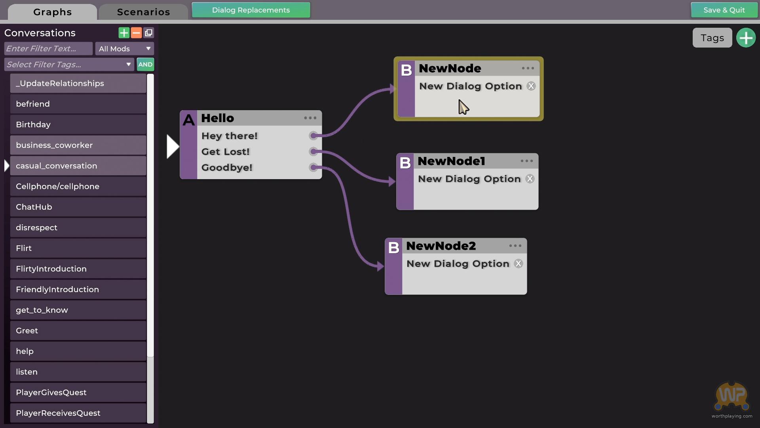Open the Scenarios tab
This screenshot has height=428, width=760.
point(143,12)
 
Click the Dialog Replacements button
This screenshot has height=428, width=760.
point(251,10)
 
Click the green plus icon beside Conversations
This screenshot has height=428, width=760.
point(124,33)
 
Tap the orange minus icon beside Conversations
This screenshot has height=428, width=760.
point(136,33)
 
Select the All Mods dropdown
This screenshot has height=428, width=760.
point(124,49)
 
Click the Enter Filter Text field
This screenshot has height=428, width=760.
point(48,49)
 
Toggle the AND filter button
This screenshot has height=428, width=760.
point(145,65)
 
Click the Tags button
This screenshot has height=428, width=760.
point(712,38)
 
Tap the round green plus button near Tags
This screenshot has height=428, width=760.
point(746,38)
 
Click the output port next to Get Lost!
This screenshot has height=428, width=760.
point(313,151)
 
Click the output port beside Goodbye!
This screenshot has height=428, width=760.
point(313,167)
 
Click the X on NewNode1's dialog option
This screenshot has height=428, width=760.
point(530,179)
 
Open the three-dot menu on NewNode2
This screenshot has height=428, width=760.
point(515,246)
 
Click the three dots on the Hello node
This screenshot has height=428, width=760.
point(310,118)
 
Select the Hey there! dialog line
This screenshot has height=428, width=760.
point(230,136)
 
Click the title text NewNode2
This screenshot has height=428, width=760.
point(441,246)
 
